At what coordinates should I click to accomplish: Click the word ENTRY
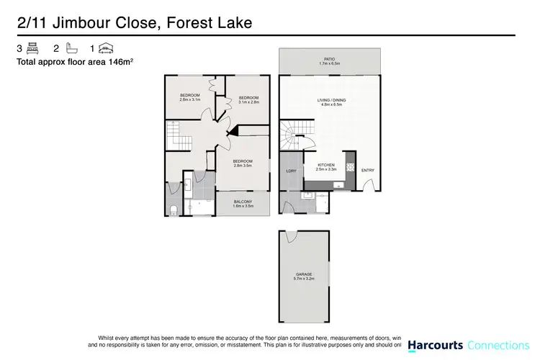[x=368, y=170]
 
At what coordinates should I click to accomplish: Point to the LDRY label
[x=291, y=171]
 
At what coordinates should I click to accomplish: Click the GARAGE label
[x=303, y=274]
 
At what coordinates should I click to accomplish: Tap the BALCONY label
[x=242, y=203]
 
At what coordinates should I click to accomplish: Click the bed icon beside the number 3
[x=32, y=50]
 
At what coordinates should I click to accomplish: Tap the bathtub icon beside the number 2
[x=69, y=50]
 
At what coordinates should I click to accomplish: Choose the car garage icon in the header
[x=106, y=50]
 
